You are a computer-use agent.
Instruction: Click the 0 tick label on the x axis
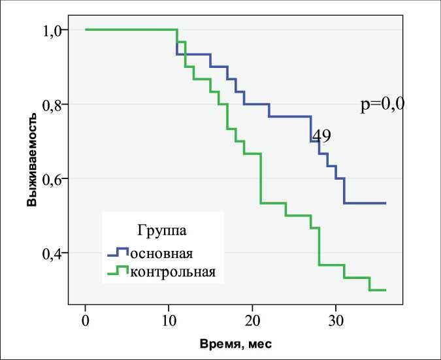(x=86, y=320)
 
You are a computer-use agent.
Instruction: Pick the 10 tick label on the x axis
(x=169, y=320)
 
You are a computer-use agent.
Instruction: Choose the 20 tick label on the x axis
(x=252, y=320)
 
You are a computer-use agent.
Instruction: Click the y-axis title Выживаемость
(x=31, y=160)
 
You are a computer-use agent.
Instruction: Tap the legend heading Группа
(x=162, y=230)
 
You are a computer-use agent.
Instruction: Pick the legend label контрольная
(x=172, y=270)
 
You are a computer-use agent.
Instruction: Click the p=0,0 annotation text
(x=382, y=105)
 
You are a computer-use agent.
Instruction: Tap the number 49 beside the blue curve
(x=321, y=136)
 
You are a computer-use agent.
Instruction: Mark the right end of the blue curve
(x=385, y=203)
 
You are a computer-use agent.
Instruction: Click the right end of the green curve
(x=385, y=290)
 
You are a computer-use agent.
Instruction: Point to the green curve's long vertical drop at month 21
(x=261, y=178)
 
